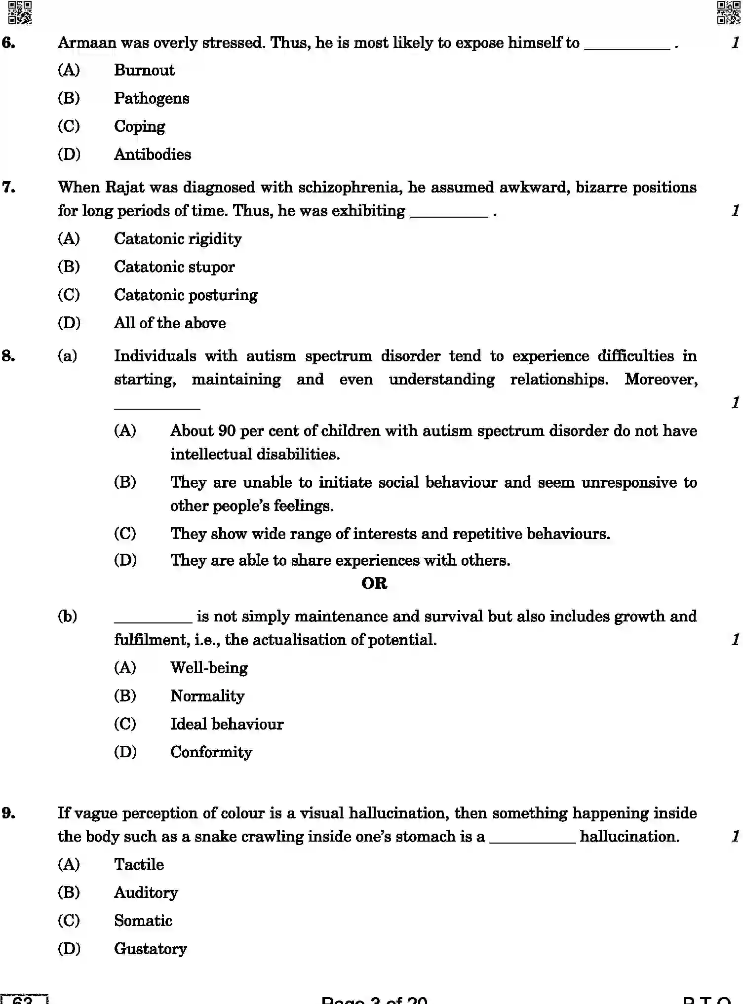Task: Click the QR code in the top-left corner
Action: (20, 12)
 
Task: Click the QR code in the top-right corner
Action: (728, 12)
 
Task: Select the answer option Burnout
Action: (144, 70)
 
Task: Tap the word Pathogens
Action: (152, 98)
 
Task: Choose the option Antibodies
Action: (153, 154)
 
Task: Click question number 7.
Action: (9, 188)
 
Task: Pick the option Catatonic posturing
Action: (186, 295)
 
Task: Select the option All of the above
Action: (170, 323)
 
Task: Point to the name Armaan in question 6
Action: (87, 43)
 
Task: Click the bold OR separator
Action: (374, 583)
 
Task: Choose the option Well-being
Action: (209, 668)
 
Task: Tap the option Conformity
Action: (211, 752)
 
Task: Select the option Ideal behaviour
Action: (227, 724)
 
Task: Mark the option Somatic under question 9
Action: (143, 921)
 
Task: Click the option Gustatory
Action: (150, 949)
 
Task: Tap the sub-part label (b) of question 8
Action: (68, 617)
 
